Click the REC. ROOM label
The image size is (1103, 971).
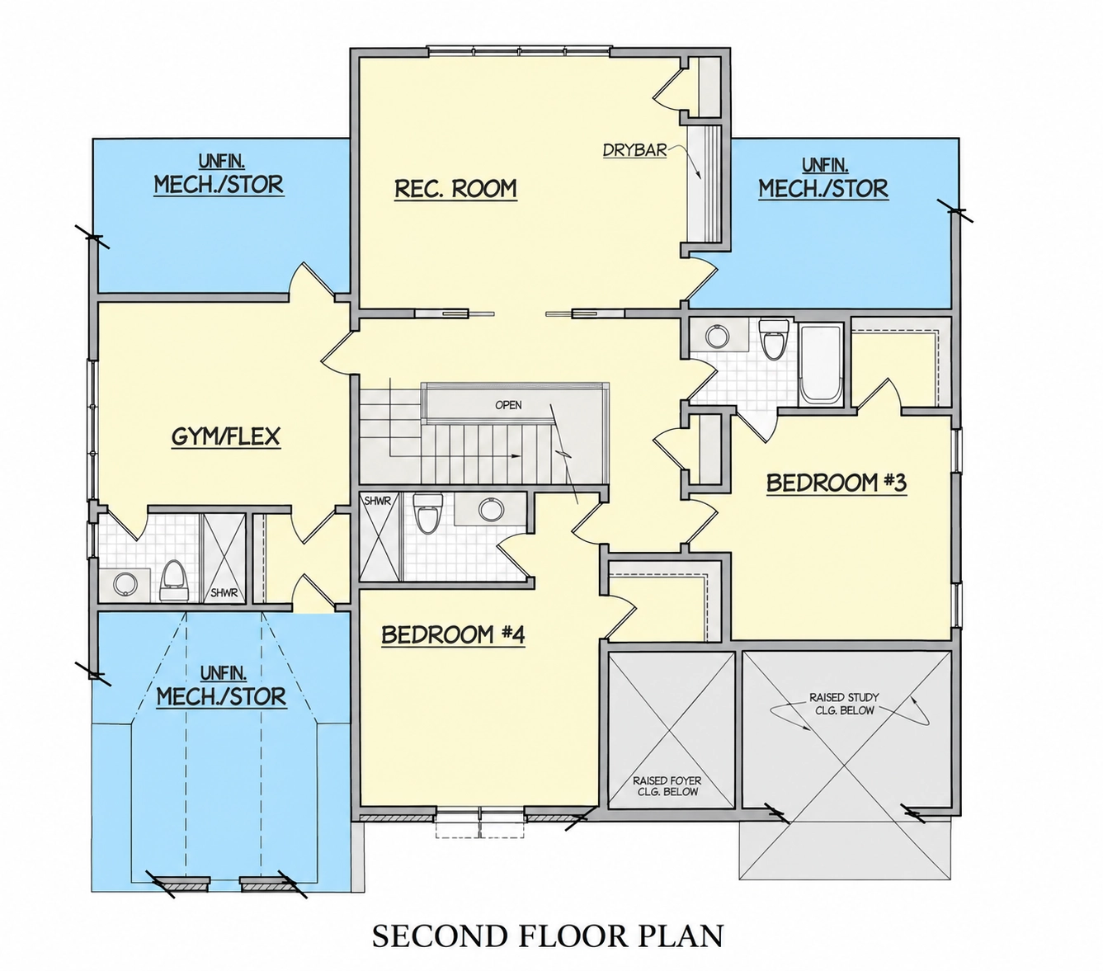click(x=455, y=188)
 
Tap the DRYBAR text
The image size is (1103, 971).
click(x=634, y=150)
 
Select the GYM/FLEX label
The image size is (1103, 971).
click(x=225, y=436)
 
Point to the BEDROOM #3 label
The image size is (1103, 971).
click(x=837, y=483)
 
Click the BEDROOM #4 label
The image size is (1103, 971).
click(x=453, y=635)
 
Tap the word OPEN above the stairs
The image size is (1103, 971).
click(x=508, y=405)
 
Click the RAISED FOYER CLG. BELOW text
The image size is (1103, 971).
click(x=667, y=786)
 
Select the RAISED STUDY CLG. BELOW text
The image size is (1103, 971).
click(x=844, y=704)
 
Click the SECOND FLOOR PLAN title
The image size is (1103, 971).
click(x=549, y=936)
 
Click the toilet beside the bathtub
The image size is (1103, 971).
click(x=774, y=339)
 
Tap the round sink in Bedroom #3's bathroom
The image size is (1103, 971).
click(x=718, y=336)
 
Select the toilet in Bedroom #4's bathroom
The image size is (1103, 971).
click(x=427, y=512)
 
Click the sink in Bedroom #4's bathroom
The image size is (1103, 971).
click(x=488, y=509)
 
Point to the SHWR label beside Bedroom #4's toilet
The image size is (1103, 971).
click(x=378, y=501)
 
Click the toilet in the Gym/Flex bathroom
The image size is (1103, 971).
click(x=174, y=581)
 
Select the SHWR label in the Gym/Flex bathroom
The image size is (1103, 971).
click(x=224, y=593)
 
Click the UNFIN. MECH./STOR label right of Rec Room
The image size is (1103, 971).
click(x=823, y=180)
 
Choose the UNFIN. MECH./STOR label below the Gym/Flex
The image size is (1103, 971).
click(x=221, y=688)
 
